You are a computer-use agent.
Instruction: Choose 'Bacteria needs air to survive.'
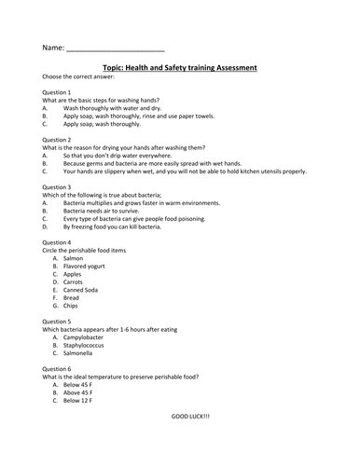pyautogui.click(x=111, y=211)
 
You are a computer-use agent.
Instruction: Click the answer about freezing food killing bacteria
pyautogui.click(x=122, y=226)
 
